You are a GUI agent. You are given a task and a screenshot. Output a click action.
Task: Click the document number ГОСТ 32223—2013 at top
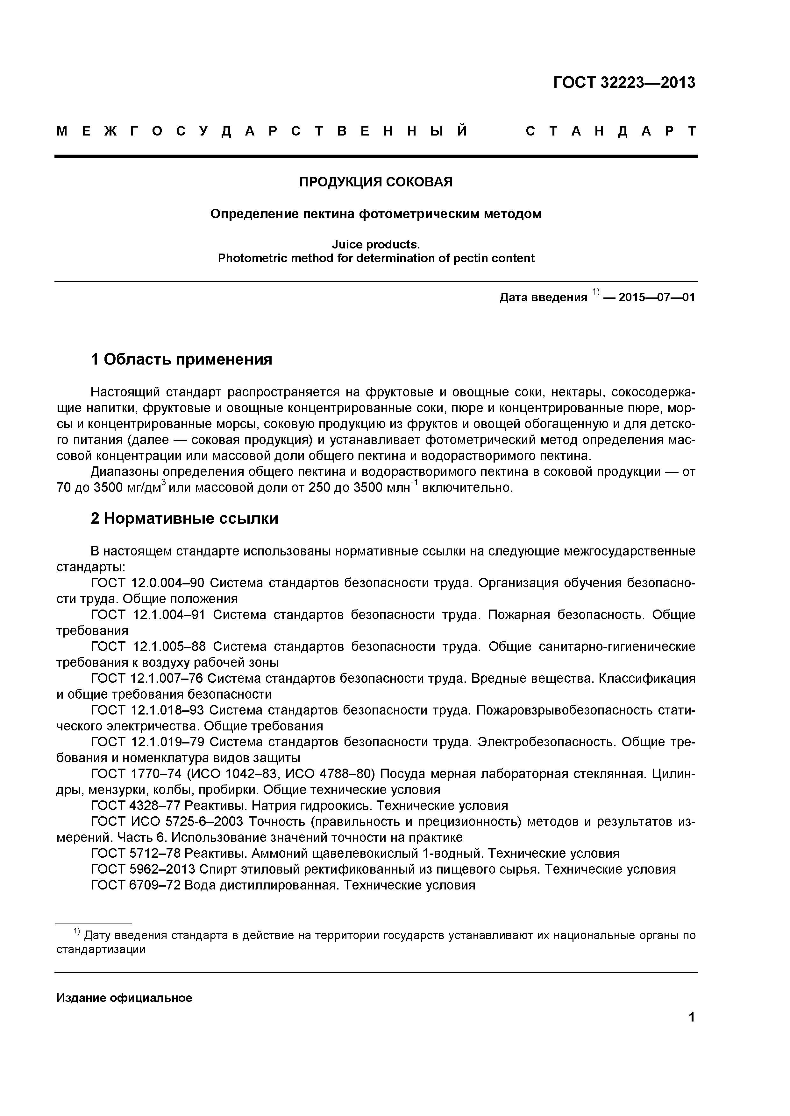click(x=624, y=83)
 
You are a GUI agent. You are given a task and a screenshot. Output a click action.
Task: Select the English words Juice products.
click(x=375, y=245)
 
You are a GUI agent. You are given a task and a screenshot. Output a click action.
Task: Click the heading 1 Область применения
click(x=181, y=360)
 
